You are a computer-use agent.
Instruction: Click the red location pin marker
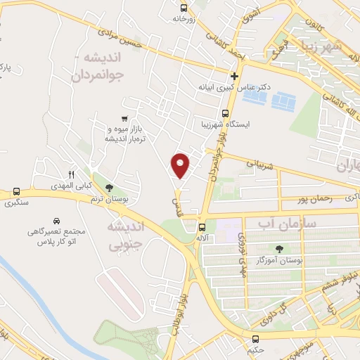tap(181, 165)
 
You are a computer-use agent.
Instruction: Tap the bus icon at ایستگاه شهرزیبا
tap(225, 113)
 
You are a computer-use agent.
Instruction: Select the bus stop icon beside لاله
tap(202, 227)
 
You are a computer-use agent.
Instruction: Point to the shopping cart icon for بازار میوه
tap(124, 119)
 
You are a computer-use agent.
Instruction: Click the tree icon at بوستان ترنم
tap(108, 188)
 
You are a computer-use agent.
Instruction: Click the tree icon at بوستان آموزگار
tap(280, 248)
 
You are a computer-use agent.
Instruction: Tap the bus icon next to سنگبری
tap(15, 192)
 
